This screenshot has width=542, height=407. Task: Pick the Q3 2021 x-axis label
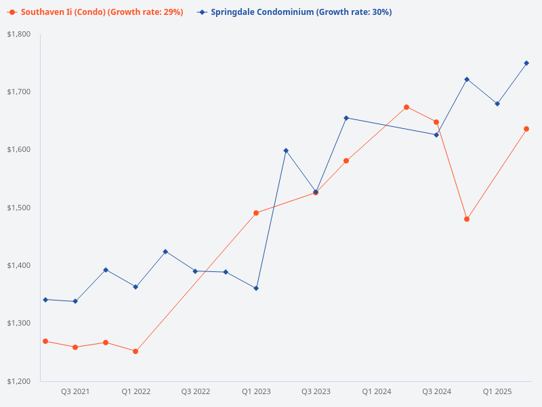tap(75, 391)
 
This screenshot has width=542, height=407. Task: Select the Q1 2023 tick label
tap(256, 391)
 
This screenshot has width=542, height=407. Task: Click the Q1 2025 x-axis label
tap(497, 391)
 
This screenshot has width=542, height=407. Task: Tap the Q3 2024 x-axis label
tap(437, 391)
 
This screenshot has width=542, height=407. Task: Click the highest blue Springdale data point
tap(526, 63)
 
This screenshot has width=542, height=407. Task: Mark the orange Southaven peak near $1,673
tap(406, 107)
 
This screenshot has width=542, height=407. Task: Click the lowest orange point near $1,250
tap(135, 351)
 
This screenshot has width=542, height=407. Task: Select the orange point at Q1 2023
tap(256, 213)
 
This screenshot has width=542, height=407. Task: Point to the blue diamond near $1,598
tap(286, 151)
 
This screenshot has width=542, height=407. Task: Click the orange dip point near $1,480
tap(467, 219)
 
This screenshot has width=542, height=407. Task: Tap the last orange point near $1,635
tap(526, 129)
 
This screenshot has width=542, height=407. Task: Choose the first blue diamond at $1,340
tap(45, 300)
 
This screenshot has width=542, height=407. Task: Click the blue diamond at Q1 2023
tap(256, 288)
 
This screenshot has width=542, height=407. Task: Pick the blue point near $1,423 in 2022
tap(165, 252)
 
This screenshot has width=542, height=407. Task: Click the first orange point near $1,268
tap(45, 341)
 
